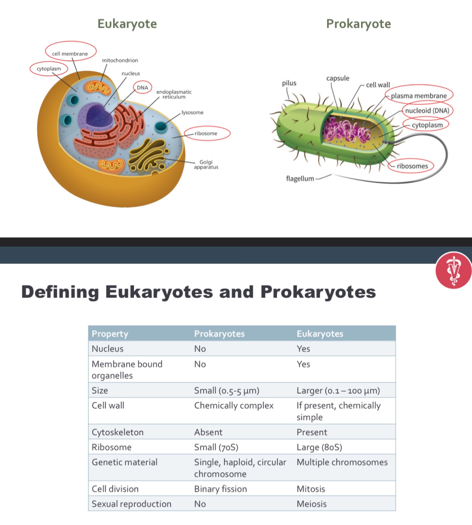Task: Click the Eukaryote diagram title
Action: coord(127,24)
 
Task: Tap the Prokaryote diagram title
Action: coord(358,24)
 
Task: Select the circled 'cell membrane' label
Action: coord(70,54)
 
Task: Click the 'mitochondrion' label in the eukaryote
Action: coord(120,60)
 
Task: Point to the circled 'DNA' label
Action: coord(143,87)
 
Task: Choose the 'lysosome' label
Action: coord(192,112)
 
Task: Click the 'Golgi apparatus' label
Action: coord(206,165)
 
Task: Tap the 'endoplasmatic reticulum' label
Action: coord(174,94)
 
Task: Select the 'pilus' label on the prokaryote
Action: coord(289,83)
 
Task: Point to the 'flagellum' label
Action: coord(300,179)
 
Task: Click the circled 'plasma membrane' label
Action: coord(419,96)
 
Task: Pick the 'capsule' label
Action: coord(338,78)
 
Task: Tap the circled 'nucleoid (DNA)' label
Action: coord(427,111)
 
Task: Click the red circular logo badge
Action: coord(454,270)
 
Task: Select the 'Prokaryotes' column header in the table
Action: coord(219,334)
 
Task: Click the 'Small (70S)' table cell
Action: coord(216,447)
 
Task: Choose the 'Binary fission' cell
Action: coord(220,489)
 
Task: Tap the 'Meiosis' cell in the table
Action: coord(311,504)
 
